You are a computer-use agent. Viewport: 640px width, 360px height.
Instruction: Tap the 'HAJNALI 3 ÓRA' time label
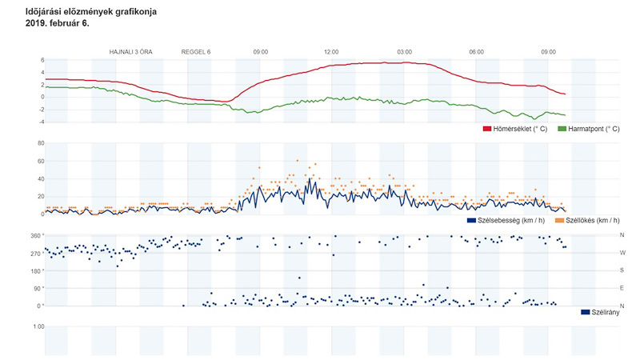tap(130, 52)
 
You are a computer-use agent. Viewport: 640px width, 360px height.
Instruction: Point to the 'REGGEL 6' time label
tap(196, 52)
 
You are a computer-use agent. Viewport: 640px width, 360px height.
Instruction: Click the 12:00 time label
tap(332, 52)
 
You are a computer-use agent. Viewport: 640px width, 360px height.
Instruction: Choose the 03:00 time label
tap(404, 52)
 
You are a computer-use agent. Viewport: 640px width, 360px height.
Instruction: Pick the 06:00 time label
tap(476, 52)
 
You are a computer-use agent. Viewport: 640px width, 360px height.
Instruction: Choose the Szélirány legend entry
tap(605, 312)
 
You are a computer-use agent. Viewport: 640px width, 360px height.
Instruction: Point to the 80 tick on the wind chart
tap(39, 144)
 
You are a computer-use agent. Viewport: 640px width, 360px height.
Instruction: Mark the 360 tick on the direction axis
tap(35, 236)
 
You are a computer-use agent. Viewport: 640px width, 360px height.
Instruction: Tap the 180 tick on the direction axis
tap(35, 271)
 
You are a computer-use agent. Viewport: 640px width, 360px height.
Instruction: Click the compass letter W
tap(622, 254)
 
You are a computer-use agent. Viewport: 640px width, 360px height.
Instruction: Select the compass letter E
tap(622, 289)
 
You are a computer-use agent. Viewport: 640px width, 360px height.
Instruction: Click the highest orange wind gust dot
tap(297, 161)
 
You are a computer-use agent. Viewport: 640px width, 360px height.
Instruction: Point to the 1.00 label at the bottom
tap(38, 327)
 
